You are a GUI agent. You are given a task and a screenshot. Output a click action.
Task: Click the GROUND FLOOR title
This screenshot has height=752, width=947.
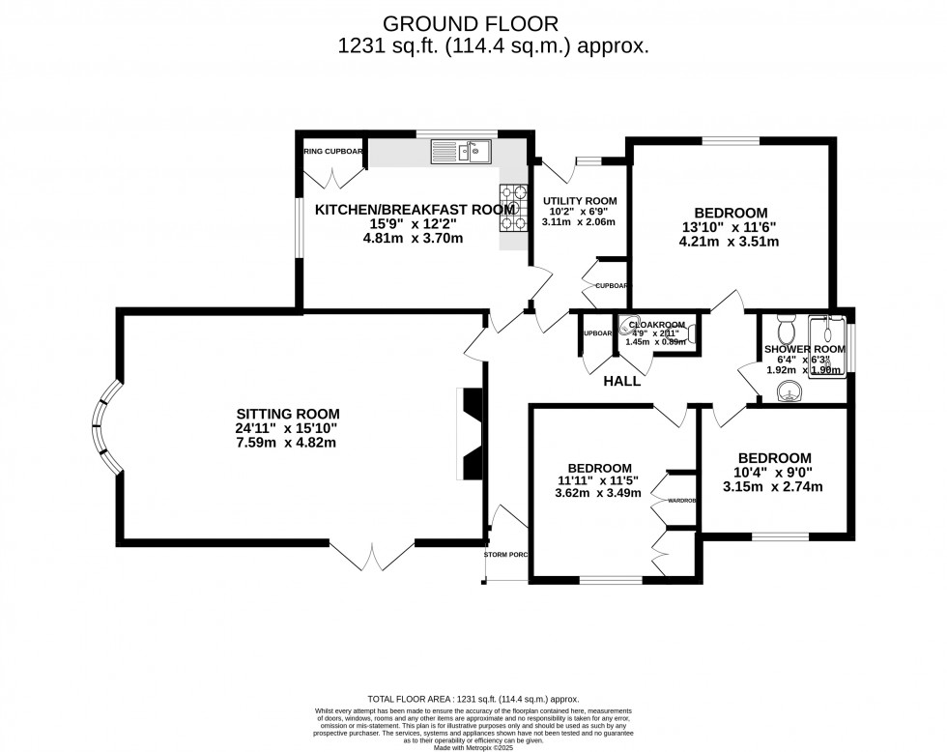click(472, 22)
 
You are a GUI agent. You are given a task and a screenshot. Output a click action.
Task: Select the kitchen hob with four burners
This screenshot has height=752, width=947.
click(513, 208)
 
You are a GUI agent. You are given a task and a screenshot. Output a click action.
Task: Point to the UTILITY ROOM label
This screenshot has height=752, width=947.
click(579, 201)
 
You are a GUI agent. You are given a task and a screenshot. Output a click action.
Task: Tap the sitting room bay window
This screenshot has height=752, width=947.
click(106, 425)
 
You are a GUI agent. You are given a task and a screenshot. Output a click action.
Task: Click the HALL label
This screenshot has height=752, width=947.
click(622, 382)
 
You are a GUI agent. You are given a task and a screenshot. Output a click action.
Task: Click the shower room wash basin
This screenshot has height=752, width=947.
click(790, 390)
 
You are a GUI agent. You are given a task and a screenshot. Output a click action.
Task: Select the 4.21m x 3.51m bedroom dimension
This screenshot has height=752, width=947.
click(731, 243)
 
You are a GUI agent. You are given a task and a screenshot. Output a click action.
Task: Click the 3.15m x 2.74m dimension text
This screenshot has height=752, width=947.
click(773, 486)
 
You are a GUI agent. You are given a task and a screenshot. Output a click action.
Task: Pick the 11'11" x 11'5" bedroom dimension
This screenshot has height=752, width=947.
click(599, 480)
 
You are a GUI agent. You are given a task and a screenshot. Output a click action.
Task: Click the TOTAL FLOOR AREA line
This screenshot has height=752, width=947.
click(473, 699)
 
